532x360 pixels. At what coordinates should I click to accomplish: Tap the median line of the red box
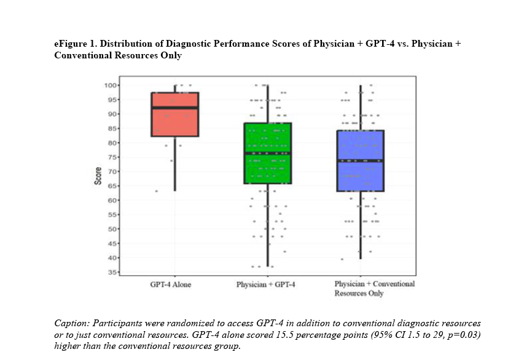click(175, 108)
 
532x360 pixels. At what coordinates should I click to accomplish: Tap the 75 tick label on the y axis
click(112, 157)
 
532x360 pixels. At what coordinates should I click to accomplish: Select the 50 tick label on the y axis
click(112, 229)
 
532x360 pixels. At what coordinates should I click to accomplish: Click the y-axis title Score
click(98, 178)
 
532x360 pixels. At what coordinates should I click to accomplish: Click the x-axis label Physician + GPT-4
click(266, 285)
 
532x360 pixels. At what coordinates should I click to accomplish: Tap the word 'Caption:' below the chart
click(71, 323)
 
